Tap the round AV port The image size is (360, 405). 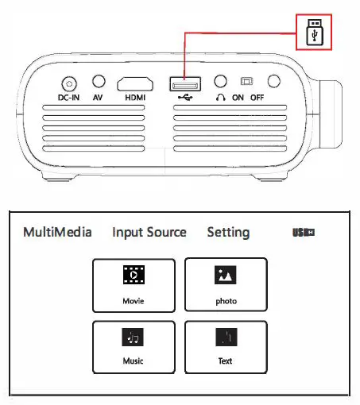[x=99, y=82]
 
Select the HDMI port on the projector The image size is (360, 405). [x=137, y=83]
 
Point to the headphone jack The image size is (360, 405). [x=222, y=82]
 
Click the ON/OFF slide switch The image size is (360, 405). [x=247, y=82]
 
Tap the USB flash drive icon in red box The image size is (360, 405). [x=313, y=36]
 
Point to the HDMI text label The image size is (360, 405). [x=137, y=99]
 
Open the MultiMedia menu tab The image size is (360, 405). [x=57, y=233]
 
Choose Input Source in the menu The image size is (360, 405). [x=149, y=233]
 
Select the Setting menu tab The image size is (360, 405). [x=228, y=233]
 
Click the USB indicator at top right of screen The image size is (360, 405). [x=304, y=233]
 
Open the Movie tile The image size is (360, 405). [x=134, y=284]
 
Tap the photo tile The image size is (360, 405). [x=225, y=284]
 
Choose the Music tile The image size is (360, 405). [x=134, y=346]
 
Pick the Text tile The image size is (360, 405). [x=225, y=346]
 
